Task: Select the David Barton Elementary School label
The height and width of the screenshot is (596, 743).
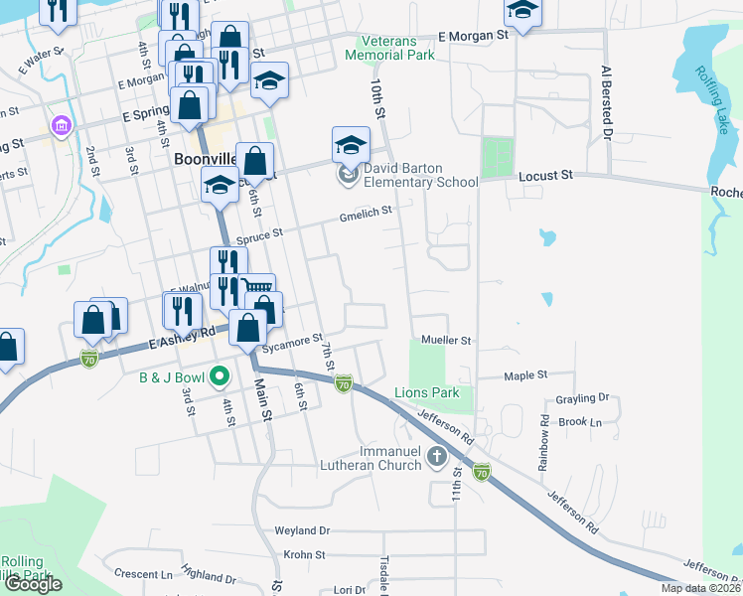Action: (x=420, y=175)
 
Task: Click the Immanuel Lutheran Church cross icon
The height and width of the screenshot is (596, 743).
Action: (x=436, y=457)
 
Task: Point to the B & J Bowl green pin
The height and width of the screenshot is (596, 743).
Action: (x=221, y=376)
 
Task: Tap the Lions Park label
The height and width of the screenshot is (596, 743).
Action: (x=427, y=392)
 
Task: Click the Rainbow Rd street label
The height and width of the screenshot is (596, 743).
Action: (x=545, y=438)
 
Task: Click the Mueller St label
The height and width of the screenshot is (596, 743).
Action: (x=445, y=340)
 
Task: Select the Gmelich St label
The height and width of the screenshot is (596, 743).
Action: (x=367, y=211)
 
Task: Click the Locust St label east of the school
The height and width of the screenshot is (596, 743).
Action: (x=546, y=175)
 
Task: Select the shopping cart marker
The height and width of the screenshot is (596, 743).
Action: (x=257, y=288)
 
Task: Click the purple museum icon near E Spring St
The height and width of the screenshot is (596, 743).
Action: (x=62, y=127)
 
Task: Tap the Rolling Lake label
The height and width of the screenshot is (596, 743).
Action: (x=711, y=91)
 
